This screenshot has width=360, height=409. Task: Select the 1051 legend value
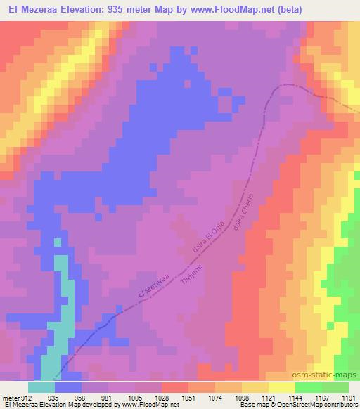(x=188, y=397)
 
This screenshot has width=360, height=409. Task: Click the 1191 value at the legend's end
(x=348, y=397)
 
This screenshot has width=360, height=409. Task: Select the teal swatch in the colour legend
(x=41, y=387)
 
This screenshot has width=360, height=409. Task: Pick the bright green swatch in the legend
(x=309, y=387)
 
